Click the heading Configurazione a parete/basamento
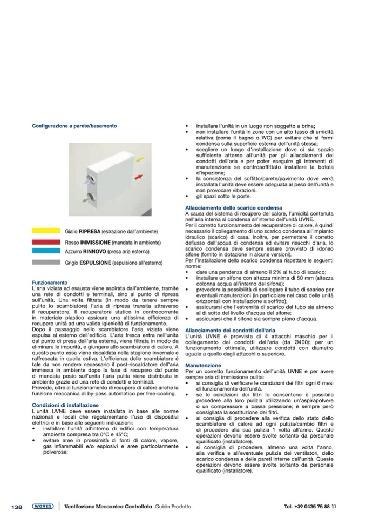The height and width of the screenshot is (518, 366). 74,126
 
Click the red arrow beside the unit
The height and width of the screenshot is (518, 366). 138,177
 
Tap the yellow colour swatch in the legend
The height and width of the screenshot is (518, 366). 46,230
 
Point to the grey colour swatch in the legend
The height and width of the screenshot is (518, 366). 46,263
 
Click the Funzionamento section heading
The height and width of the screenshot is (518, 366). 49,282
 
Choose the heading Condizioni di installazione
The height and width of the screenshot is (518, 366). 65,405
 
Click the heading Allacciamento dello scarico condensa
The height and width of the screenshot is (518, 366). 233,207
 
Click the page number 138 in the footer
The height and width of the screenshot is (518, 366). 17,506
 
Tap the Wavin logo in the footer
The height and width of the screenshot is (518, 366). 42,506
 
